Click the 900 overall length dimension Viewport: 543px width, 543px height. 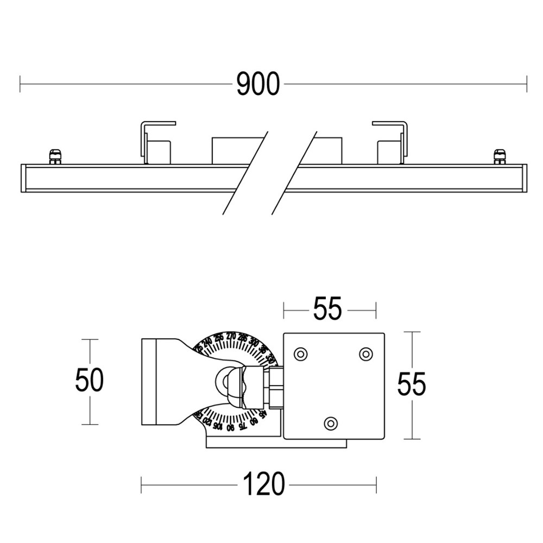pos(258,84)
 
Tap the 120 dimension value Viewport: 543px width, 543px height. pos(263,484)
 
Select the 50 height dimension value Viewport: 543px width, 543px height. pos(89,380)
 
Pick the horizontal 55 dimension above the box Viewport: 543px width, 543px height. pos(327,310)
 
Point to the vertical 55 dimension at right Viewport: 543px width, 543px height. pos(412,384)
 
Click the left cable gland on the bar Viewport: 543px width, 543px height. pos(54,156)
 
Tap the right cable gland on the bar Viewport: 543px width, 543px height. pos(498,156)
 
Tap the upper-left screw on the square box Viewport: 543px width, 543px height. pos(300,354)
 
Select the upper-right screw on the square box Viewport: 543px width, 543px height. pos(366,354)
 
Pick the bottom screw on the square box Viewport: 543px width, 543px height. pos(330,422)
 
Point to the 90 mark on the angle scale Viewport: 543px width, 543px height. pos(230,427)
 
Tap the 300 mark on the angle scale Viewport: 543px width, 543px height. pos(254,342)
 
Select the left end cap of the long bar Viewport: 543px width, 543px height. pos(23,178)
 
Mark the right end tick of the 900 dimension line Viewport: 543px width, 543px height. pos(526,84)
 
